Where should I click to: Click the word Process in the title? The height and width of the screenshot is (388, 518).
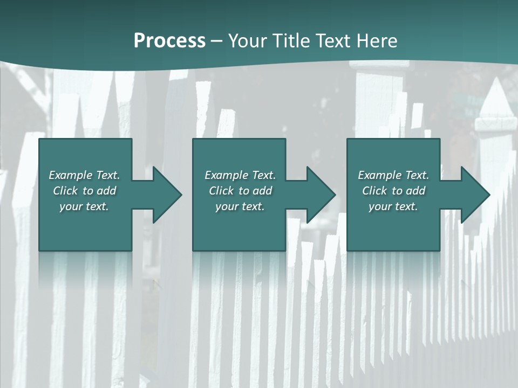tap(169, 41)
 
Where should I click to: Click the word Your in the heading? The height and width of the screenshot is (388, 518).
tap(248, 41)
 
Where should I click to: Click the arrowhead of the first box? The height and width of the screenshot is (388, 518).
tap(167, 195)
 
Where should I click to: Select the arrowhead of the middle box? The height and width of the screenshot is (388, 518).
tap(321, 195)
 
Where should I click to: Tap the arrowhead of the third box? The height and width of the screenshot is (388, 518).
tap(475, 195)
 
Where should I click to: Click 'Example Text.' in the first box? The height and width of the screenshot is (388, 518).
tap(84, 175)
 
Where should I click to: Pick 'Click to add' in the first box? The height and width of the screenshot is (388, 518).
tap(84, 191)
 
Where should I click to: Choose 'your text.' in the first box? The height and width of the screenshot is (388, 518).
tap(84, 206)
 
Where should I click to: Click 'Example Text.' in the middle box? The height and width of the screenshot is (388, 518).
tap(240, 175)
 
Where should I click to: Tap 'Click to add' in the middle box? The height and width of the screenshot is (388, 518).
tap(240, 191)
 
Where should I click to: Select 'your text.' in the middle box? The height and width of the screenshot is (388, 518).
tap(240, 206)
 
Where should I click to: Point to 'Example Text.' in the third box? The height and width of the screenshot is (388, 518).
tap(393, 175)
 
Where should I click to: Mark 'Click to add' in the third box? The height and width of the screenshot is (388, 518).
tap(393, 191)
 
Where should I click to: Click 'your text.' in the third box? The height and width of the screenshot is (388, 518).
tap(393, 206)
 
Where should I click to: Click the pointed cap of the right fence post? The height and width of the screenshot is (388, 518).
tap(495, 102)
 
